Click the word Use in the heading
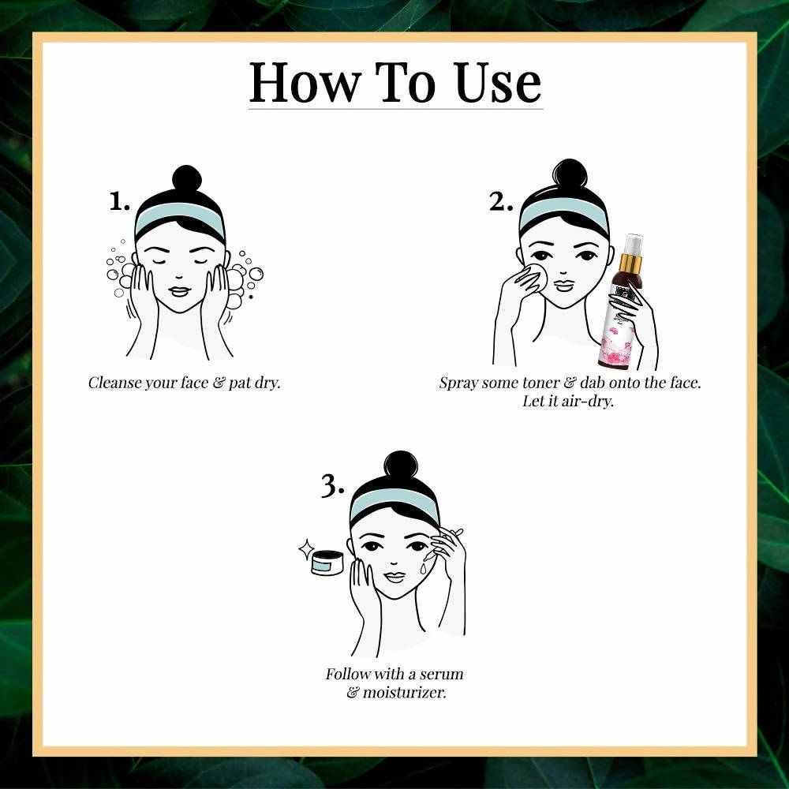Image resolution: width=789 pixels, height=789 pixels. [x=498, y=83]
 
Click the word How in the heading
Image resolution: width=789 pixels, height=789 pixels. [x=305, y=83]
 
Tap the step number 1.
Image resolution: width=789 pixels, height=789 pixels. [x=119, y=202]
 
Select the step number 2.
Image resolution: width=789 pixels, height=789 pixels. [x=501, y=202]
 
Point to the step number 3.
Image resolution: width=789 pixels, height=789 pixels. [x=333, y=487]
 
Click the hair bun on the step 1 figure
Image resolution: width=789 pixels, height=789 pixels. [x=187, y=178]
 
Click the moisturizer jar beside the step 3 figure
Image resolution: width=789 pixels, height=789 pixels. [x=327, y=563]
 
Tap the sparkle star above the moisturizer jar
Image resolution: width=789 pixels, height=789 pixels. [x=306, y=549]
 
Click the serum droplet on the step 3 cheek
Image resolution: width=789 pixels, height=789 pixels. [x=423, y=567]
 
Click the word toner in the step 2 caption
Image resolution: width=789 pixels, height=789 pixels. [x=541, y=383]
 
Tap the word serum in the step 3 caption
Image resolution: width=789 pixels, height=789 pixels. [x=441, y=674]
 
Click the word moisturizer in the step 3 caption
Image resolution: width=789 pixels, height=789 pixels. [x=404, y=693]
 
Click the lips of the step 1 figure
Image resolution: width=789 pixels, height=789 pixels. [x=180, y=291]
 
